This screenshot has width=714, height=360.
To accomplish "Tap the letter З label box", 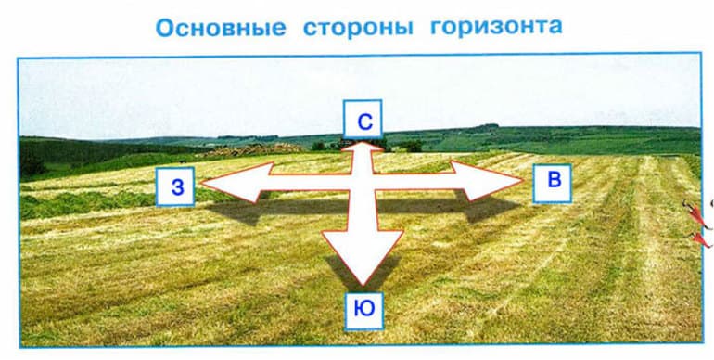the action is (x=176, y=187).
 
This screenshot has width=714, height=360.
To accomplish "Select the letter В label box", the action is (x=554, y=182).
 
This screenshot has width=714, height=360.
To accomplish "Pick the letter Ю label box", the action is (x=364, y=311).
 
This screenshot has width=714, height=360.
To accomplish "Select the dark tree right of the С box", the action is (x=409, y=146).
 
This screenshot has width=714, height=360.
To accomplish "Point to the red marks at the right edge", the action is (x=700, y=227).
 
